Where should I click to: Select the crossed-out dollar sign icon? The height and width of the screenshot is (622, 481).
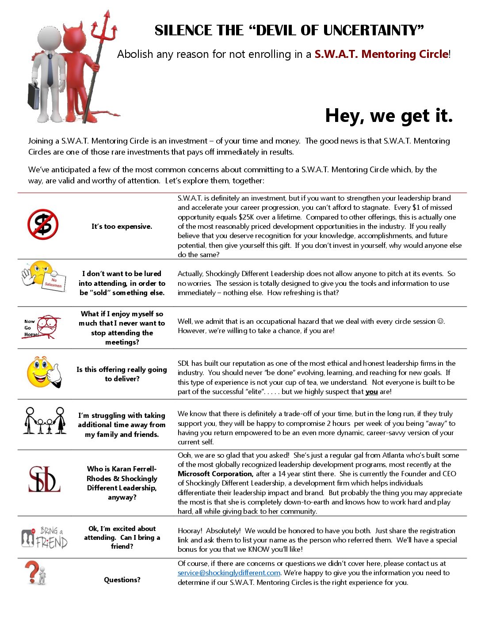pos(43,224)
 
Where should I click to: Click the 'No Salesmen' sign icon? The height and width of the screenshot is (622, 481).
pos(54,282)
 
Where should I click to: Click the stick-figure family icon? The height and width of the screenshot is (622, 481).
pos(45,421)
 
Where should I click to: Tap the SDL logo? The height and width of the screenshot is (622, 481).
pos(44,479)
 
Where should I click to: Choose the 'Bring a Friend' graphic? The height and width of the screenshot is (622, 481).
pos(45,537)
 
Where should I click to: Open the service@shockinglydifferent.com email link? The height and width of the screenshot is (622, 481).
pos(229,573)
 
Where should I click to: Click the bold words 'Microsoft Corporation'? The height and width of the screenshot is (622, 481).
pos(215,474)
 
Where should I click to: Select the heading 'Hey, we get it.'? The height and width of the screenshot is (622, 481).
pos(389,116)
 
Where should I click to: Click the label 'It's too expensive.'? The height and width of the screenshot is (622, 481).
pos(122,227)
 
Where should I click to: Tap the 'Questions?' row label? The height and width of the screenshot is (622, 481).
pos(122,580)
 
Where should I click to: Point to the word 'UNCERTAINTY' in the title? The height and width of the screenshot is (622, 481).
pos(373,30)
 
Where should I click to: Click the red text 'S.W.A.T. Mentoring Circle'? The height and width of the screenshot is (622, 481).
pos(381,54)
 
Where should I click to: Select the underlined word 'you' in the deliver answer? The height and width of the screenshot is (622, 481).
pos(371,392)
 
